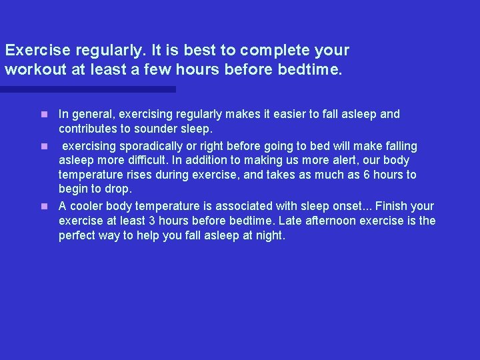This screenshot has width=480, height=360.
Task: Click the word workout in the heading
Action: click(x=31, y=69)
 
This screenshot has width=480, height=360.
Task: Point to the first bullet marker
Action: click(x=44, y=114)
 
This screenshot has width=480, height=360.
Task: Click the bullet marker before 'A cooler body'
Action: click(x=44, y=206)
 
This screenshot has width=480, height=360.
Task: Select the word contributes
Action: click(x=88, y=129)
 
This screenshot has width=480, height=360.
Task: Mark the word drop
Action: click(x=118, y=189)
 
